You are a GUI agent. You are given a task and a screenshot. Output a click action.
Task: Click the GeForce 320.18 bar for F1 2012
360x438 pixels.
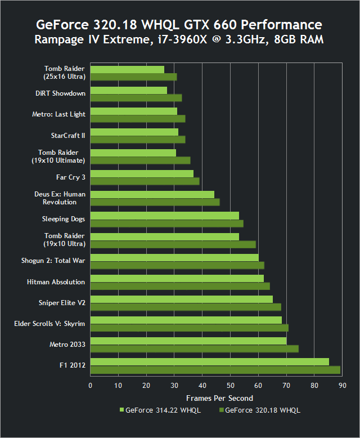click(x=215, y=370)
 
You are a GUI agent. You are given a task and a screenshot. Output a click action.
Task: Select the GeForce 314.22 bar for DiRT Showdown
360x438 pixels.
click(x=129, y=90)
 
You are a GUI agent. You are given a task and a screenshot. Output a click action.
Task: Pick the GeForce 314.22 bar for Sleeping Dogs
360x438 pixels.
click(x=165, y=216)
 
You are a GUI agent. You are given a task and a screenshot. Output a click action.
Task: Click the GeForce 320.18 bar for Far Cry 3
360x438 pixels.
click(x=145, y=181)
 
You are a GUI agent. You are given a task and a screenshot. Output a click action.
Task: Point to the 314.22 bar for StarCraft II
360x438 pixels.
click(x=134, y=132)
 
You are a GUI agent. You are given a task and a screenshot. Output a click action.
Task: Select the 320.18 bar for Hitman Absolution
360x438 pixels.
click(x=180, y=286)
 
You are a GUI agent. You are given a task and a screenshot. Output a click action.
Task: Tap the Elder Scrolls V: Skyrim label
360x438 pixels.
click(x=49, y=324)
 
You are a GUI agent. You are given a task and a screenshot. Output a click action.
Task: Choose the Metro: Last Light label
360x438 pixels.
click(x=58, y=114)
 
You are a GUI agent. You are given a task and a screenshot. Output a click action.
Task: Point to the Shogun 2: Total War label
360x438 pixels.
click(x=53, y=261)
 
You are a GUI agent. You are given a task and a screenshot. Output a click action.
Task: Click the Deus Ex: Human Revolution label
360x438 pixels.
click(x=60, y=198)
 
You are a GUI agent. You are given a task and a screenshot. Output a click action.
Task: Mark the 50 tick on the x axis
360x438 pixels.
click(x=230, y=386)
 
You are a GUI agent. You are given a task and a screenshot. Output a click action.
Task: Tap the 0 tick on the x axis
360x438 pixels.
click(x=91, y=386)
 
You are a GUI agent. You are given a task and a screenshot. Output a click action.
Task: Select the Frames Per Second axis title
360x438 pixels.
click(x=215, y=398)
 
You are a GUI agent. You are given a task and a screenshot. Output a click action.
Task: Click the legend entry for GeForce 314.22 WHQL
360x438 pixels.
click(x=160, y=410)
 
